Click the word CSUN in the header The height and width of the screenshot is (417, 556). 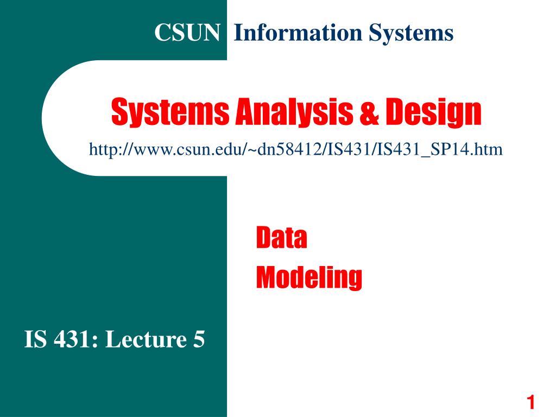click(x=187, y=33)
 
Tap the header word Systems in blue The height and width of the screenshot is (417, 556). click(x=411, y=33)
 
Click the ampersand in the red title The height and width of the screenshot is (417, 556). click(x=370, y=112)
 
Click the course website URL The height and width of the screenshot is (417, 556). click(x=295, y=148)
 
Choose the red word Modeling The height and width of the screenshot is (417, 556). click(x=309, y=277)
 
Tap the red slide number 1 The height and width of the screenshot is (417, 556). click(x=531, y=402)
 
